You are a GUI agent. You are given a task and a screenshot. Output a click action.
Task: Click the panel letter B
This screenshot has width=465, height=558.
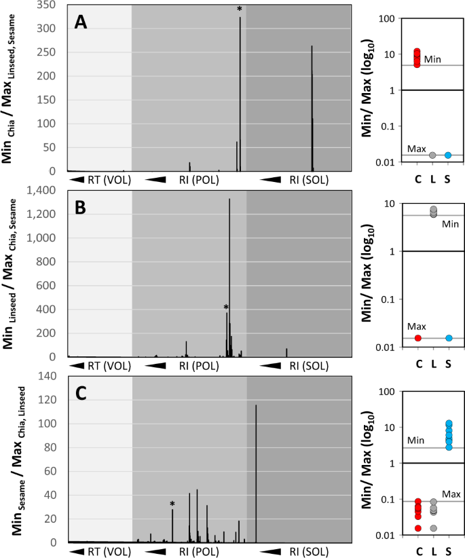[x=81, y=208]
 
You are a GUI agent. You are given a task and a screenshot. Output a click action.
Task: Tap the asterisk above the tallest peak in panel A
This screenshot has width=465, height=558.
[x=240, y=10]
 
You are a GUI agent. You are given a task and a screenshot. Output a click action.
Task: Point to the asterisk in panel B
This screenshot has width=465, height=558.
[x=226, y=308]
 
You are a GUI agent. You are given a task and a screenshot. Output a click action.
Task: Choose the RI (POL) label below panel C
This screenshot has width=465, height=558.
[x=199, y=551]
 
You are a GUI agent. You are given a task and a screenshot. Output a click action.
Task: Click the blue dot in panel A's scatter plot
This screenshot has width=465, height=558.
[x=448, y=155]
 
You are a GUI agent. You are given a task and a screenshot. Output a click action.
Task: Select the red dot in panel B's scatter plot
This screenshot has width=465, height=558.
[x=418, y=338]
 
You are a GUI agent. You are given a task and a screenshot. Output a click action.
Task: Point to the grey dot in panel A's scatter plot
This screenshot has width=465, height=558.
[x=432, y=155]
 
